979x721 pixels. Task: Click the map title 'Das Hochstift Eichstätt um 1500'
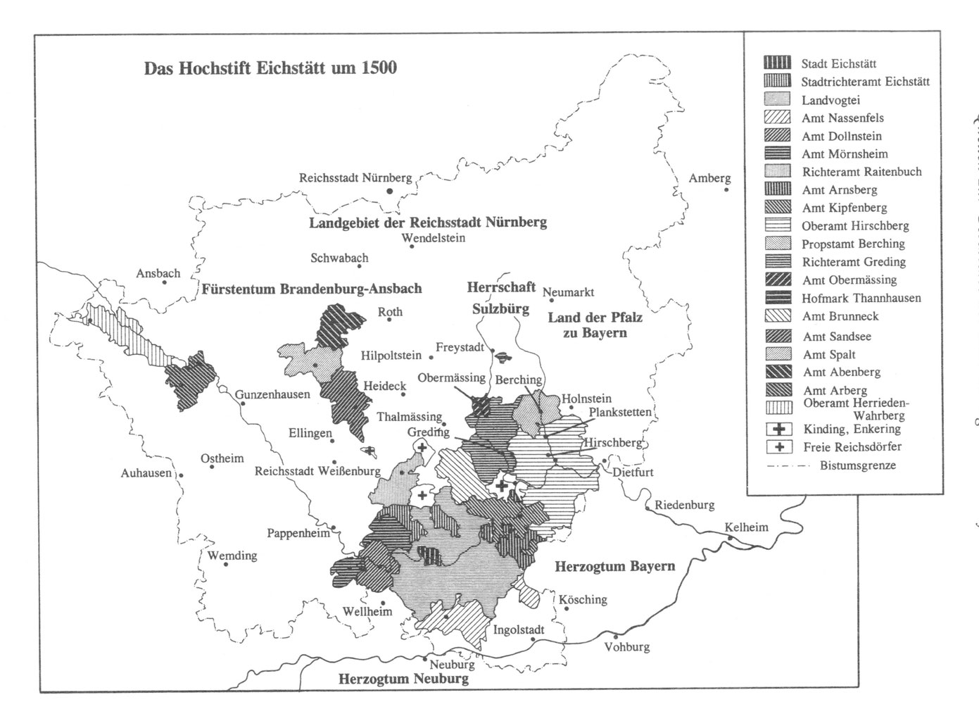tap(270, 68)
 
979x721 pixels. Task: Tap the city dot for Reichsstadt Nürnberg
tap(389, 191)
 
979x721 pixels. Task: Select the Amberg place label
tap(709, 178)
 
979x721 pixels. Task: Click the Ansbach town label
tap(158, 273)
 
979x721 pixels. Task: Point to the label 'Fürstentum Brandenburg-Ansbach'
tap(312, 289)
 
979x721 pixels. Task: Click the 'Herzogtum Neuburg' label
tap(403, 679)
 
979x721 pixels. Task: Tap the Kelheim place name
tap(747, 527)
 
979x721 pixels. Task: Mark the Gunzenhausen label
tap(272, 394)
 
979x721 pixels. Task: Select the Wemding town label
tap(232, 556)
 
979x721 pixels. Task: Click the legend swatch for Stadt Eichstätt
tap(778, 63)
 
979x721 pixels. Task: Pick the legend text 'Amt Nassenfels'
tap(842, 118)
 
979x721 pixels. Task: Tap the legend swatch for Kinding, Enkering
tap(778, 429)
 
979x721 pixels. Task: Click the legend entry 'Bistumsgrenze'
tap(857, 465)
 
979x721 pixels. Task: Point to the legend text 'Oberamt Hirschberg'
tap(855, 226)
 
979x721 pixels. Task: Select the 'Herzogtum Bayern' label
tap(614, 566)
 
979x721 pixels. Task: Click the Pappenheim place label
tap(298, 533)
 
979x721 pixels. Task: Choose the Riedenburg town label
tap(684, 504)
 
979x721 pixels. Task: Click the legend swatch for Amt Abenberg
tap(778, 372)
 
